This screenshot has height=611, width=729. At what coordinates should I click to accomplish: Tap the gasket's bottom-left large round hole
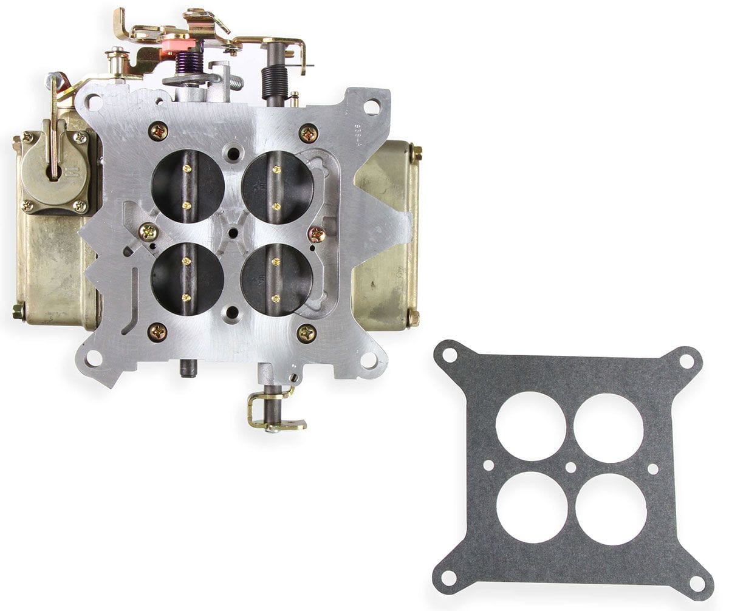[x=532, y=507]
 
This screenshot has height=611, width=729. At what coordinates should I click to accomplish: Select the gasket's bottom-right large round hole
[x=611, y=509]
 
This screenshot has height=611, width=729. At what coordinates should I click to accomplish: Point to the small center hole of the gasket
[x=570, y=468]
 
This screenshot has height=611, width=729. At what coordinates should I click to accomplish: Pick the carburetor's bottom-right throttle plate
[x=277, y=279]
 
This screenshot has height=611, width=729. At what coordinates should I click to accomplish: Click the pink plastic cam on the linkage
[x=180, y=43]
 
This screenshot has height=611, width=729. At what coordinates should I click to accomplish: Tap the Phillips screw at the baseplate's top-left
[x=158, y=130]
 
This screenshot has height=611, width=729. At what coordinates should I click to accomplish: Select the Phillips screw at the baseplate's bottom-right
[x=306, y=332]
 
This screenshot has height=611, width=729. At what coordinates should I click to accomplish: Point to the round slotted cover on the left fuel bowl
[x=54, y=167]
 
